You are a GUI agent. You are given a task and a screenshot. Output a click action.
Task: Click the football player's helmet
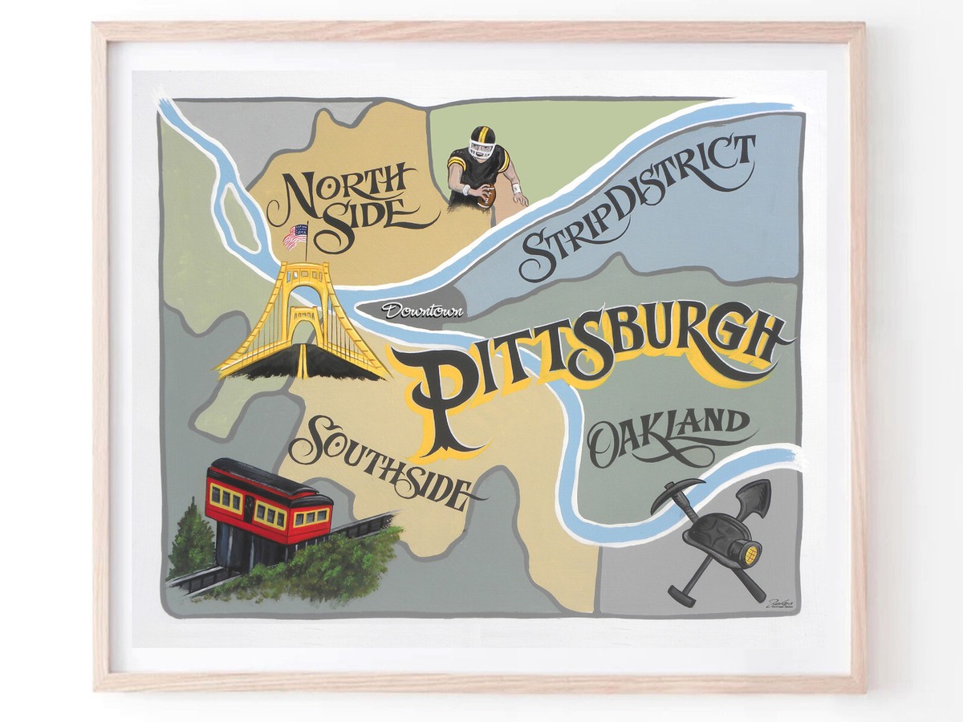coord(482,140)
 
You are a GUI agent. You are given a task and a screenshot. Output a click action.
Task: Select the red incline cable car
coord(268,501)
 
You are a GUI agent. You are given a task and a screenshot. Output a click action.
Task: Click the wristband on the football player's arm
coord(515,189)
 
